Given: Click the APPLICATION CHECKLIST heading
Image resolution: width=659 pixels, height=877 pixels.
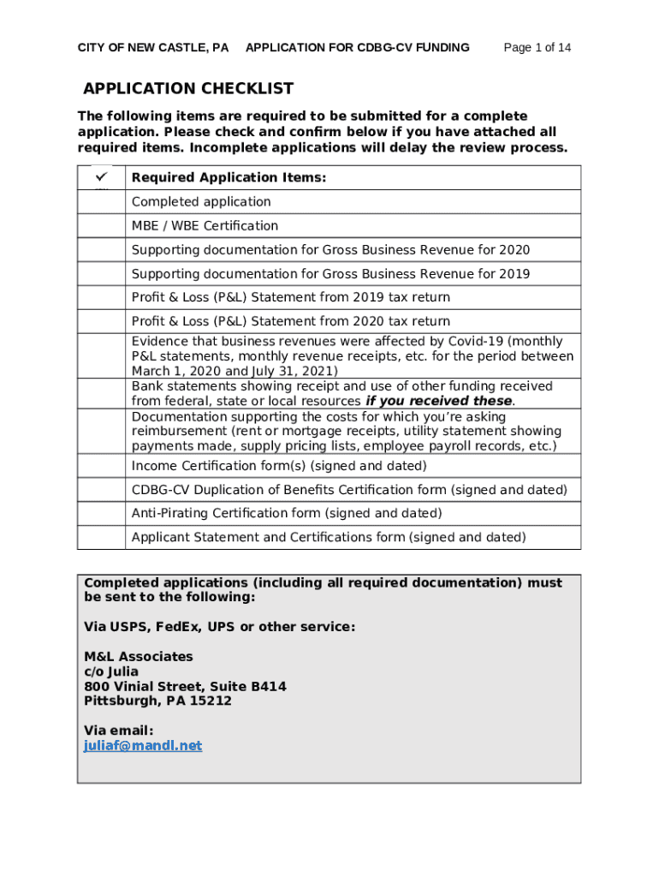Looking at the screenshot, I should tap(188, 89).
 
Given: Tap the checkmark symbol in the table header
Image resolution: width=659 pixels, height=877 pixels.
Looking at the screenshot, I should tap(101, 176).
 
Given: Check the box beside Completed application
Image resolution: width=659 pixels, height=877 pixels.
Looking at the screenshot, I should tap(101, 202).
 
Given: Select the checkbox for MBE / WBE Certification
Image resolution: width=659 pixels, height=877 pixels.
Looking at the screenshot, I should tap(101, 226).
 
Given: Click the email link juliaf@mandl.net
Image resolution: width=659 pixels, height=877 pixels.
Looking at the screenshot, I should tap(143, 746).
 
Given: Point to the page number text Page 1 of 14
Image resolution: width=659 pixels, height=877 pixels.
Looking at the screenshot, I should tap(537, 48).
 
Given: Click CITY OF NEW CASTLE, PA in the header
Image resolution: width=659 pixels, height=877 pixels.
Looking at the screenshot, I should tap(153, 48).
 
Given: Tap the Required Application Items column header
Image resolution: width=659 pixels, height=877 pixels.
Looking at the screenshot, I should tap(229, 178).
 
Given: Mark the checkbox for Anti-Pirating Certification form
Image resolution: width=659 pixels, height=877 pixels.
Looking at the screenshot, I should tap(101, 514).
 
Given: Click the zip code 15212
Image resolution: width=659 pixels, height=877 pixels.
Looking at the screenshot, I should tap(211, 701).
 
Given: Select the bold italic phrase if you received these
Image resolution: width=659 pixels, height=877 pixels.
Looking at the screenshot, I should tap(439, 402).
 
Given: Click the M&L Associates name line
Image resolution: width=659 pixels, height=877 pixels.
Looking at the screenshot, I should tap(139, 657).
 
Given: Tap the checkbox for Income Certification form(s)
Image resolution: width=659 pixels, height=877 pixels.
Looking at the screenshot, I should tap(101, 466).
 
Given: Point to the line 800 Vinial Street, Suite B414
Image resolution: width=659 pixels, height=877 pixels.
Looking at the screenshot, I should tap(185, 687).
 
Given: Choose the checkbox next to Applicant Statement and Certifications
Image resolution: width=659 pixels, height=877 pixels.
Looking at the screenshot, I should tap(101, 538).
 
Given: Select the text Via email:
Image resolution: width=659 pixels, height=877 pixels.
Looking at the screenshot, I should tap(119, 731).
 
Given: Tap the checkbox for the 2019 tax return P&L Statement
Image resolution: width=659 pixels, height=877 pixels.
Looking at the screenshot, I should tap(101, 298).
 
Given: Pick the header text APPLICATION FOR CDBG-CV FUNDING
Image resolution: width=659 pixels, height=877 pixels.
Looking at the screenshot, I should tap(357, 48).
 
